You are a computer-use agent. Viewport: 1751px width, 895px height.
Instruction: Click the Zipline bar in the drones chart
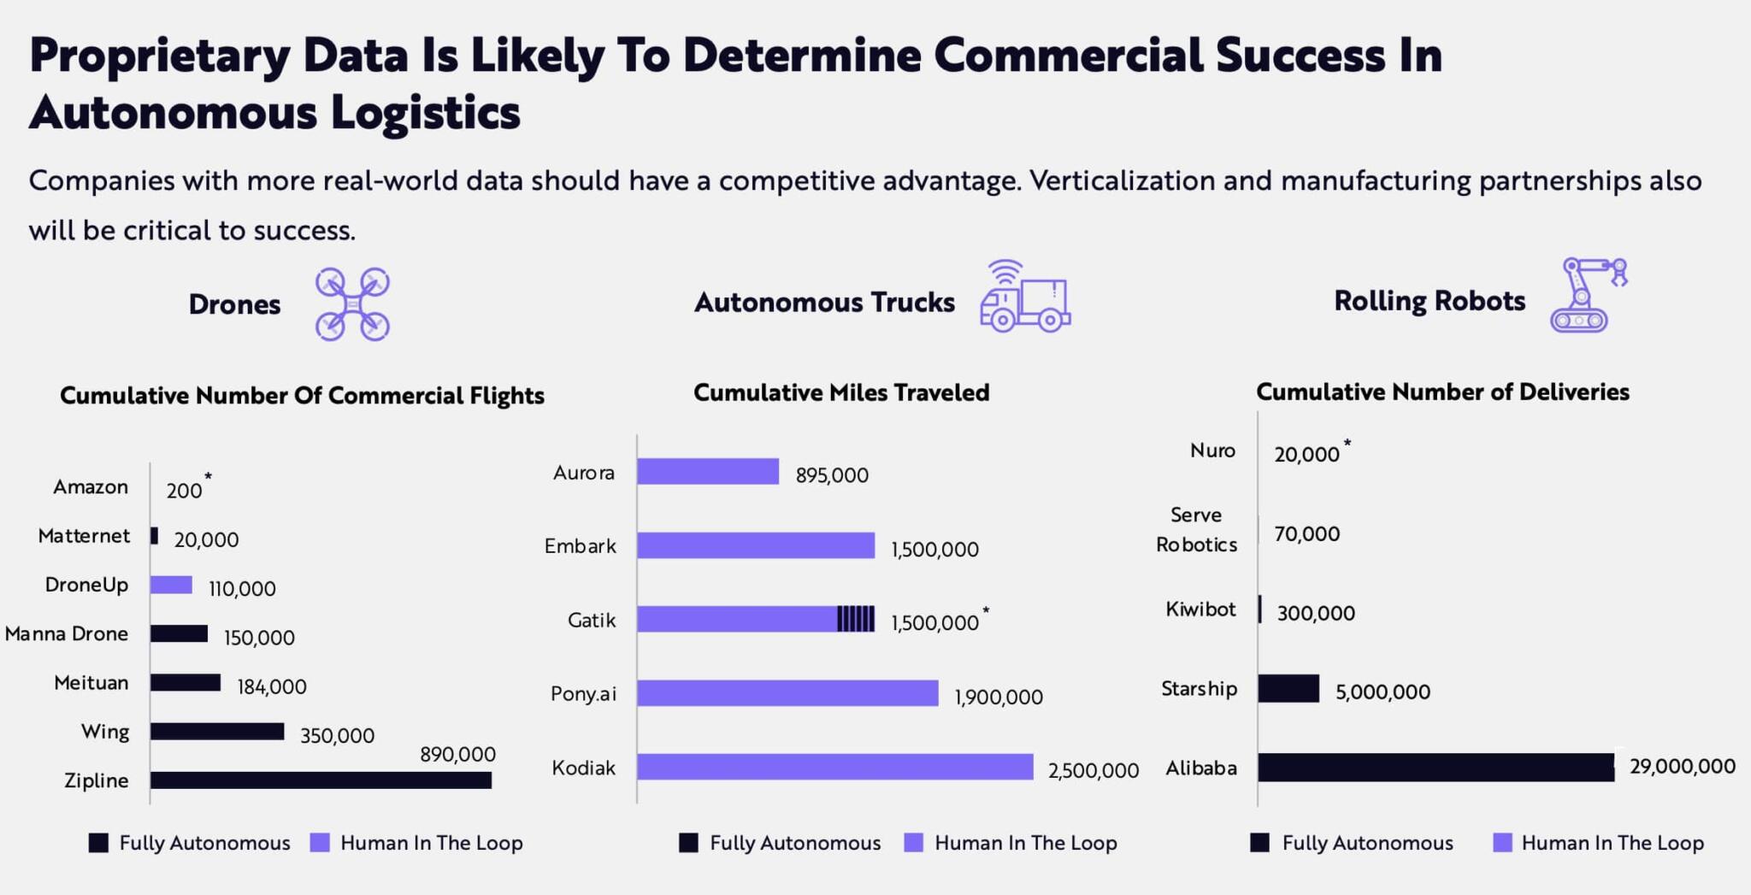click(321, 780)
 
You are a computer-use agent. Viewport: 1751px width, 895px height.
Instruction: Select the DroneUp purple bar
click(171, 585)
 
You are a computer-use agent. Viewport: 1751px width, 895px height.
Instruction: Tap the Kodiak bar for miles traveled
click(834, 768)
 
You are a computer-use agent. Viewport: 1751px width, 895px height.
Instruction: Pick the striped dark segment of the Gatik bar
click(856, 619)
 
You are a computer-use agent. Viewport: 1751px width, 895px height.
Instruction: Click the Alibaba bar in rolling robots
click(1436, 768)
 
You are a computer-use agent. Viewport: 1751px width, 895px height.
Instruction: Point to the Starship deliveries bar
click(1288, 688)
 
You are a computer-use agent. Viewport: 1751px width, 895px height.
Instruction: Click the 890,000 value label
click(457, 755)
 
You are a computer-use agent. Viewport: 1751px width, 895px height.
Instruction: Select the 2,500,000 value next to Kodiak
click(1094, 771)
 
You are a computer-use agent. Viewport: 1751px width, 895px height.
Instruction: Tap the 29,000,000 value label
click(1682, 767)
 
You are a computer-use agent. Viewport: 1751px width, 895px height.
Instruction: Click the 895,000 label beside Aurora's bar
click(832, 475)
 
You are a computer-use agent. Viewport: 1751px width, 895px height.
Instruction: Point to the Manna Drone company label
click(67, 634)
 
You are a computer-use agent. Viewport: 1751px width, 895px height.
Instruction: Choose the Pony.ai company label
click(583, 693)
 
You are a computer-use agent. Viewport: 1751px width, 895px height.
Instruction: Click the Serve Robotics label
click(1196, 530)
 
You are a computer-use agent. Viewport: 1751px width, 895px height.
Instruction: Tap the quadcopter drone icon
click(352, 304)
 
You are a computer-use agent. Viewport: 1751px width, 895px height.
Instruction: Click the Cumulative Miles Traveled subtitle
click(841, 393)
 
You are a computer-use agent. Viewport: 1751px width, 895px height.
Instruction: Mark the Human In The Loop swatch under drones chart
click(320, 843)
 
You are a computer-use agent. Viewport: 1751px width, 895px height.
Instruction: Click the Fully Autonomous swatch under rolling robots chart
click(1259, 843)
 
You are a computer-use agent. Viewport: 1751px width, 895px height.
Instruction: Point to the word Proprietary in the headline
click(160, 56)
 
